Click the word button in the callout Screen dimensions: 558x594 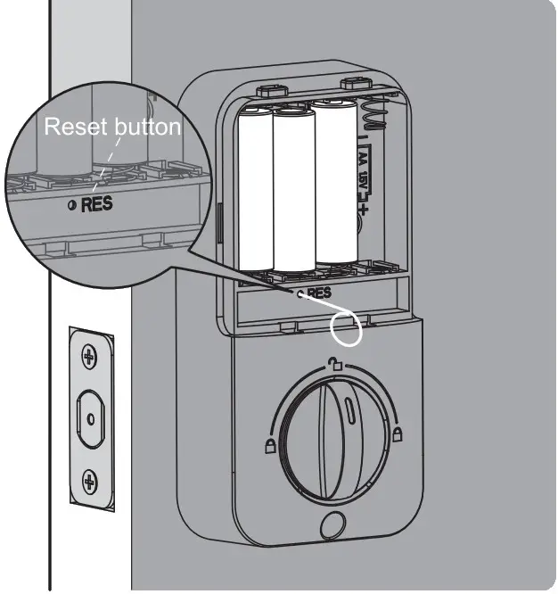tap(148, 128)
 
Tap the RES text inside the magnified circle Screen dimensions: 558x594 tap(97, 205)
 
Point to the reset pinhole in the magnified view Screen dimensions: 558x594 tap(72, 205)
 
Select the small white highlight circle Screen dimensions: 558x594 tap(346, 327)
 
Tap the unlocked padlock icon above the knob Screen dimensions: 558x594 tap(334, 364)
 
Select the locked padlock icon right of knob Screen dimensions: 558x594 tap(396, 436)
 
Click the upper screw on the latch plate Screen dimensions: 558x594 tap(88, 358)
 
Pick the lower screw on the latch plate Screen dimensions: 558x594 tap(89, 483)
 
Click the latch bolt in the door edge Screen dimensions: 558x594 tap(89, 417)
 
